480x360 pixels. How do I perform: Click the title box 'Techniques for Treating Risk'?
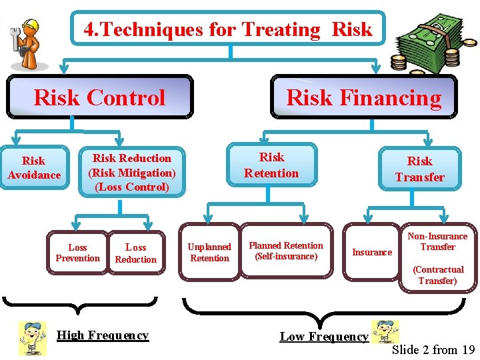coord(228,29)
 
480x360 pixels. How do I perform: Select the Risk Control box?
coord(99,98)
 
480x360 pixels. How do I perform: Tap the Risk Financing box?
coord(363,98)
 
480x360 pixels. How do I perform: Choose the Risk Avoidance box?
coord(34,168)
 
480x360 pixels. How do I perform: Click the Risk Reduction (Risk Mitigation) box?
coord(132,173)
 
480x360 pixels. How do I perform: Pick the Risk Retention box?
coord(271,165)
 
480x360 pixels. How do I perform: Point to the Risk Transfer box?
coord(419,169)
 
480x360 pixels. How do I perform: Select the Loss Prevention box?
coord(77,253)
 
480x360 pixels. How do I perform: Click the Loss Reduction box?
coord(136,253)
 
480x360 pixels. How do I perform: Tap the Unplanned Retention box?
coord(209,253)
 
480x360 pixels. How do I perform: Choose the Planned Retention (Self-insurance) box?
coord(286,251)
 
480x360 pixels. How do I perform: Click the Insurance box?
coord(371,252)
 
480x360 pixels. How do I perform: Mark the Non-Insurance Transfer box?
coord(437,241)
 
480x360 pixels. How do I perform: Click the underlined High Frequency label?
coord(103,335)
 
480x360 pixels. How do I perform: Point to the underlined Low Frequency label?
coord(324,337)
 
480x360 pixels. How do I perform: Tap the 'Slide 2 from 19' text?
coord(433,349)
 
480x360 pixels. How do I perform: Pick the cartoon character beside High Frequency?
coord(31,337)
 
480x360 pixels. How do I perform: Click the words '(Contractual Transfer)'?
coord(438,275)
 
